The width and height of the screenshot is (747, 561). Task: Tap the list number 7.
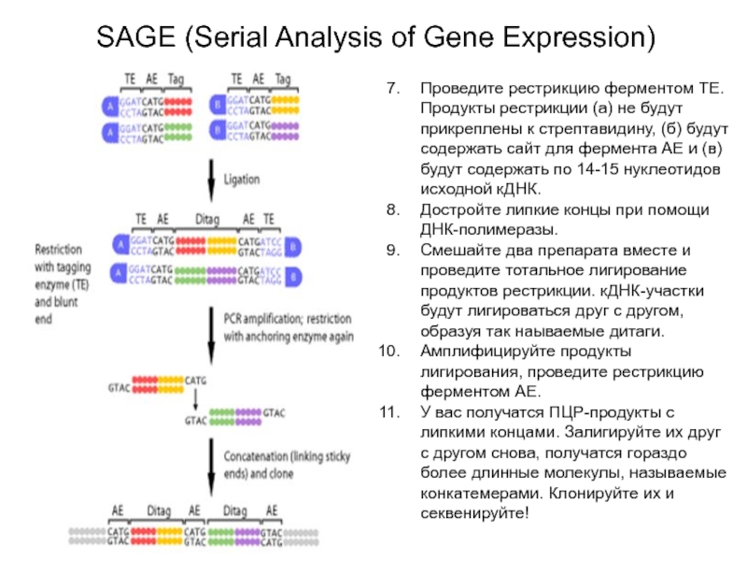coord(394,88)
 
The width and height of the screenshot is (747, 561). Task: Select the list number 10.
coord(389,352)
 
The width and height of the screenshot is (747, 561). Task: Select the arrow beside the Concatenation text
coord(211,468)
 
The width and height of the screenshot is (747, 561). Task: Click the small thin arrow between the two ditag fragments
coord(194,397)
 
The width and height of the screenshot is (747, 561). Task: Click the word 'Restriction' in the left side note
coord(58,251)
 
